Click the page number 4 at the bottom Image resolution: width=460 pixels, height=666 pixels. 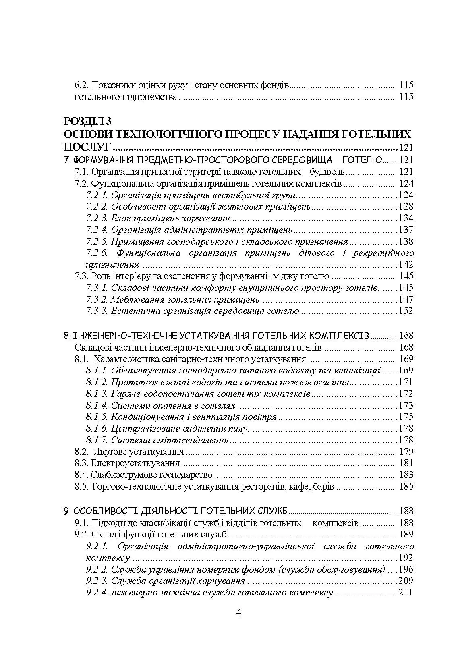pos(238,613)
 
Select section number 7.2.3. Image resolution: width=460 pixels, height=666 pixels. pos(97,218)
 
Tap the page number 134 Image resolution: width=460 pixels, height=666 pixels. pos(406,218)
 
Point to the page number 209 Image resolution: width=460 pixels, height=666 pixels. pos(406,581)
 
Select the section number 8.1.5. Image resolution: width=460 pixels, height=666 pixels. pos(97,417)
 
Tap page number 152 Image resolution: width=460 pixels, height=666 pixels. pos(406,311)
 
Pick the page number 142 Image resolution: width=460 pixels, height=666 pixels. pos(406,265)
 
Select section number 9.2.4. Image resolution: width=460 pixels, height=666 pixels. pos(97,593)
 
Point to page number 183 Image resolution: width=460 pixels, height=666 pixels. pos(406,475)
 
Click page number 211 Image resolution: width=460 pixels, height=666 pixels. pos(406,593)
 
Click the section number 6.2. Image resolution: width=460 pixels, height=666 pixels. pos(82,85)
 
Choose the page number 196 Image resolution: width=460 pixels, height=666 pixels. pos(406,570)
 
